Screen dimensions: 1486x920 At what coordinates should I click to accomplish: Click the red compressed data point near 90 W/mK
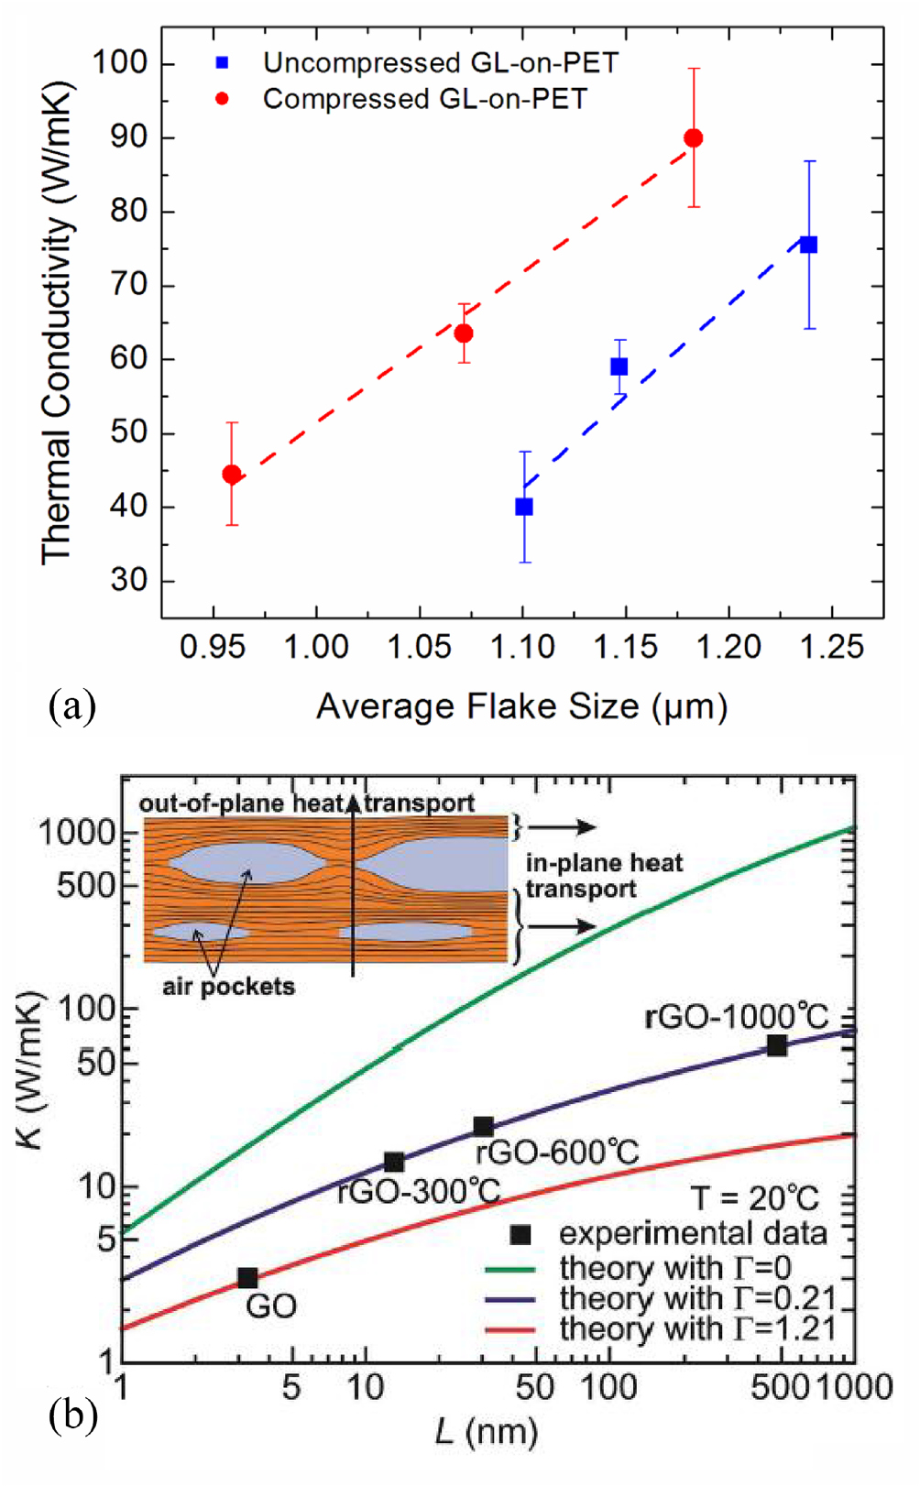click(x=694, y=138)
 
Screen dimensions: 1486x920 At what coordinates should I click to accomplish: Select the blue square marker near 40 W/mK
click(x=524, y=507)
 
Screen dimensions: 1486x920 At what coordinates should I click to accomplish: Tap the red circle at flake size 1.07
click(x=464, y=333)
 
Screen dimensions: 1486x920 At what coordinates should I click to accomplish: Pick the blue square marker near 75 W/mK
click(x=808, y=245)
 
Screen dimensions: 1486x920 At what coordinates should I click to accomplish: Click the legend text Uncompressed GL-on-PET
click(x=440, y=63)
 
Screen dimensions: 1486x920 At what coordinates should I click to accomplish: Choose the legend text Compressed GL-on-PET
click(x=424, y=99)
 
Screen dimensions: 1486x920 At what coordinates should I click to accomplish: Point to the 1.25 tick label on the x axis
click(x=831, y=648)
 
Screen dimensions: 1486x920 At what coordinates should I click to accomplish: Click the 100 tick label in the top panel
click(x=119, y=63)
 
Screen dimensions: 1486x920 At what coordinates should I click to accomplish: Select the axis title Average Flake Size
click(x=521, y=706)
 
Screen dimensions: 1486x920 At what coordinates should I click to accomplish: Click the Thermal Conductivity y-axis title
click(x=57, y=321)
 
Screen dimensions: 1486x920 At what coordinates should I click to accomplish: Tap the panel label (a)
click(x=72, y=706)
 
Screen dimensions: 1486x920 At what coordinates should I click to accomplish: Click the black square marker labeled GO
click(x=247, y=1277)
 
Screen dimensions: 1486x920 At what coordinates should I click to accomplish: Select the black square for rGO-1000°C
click(x=776, y=1045)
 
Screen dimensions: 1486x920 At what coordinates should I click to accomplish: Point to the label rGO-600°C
click(x=557, y=1152)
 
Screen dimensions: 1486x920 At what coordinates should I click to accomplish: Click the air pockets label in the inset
click(x=229, y=987)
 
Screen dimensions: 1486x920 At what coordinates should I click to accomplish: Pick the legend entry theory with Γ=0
click(x=674, y=1268)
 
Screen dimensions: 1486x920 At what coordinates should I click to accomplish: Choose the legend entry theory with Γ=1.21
click(x=696, y=1328)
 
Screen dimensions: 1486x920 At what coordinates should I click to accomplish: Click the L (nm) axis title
click(x=486, y=1431)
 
